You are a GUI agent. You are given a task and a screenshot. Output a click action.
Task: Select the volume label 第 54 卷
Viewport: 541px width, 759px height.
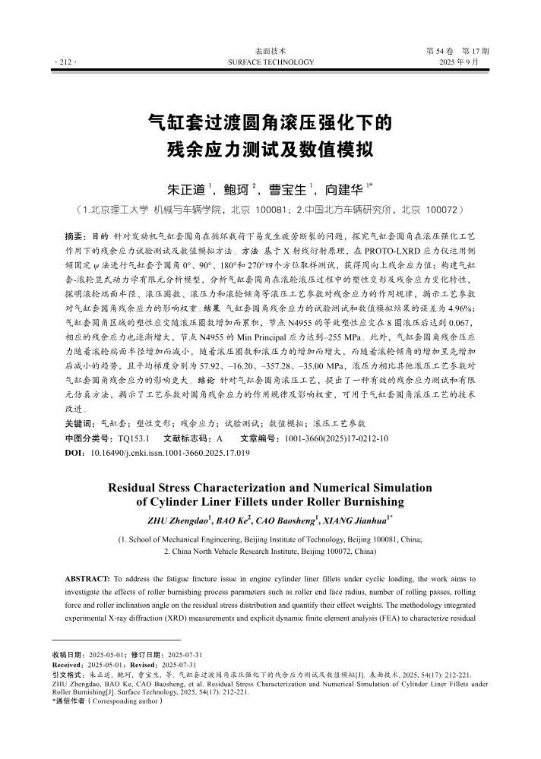pos(443,50)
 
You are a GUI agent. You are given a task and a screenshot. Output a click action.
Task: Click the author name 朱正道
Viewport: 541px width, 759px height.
pos(187,187)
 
